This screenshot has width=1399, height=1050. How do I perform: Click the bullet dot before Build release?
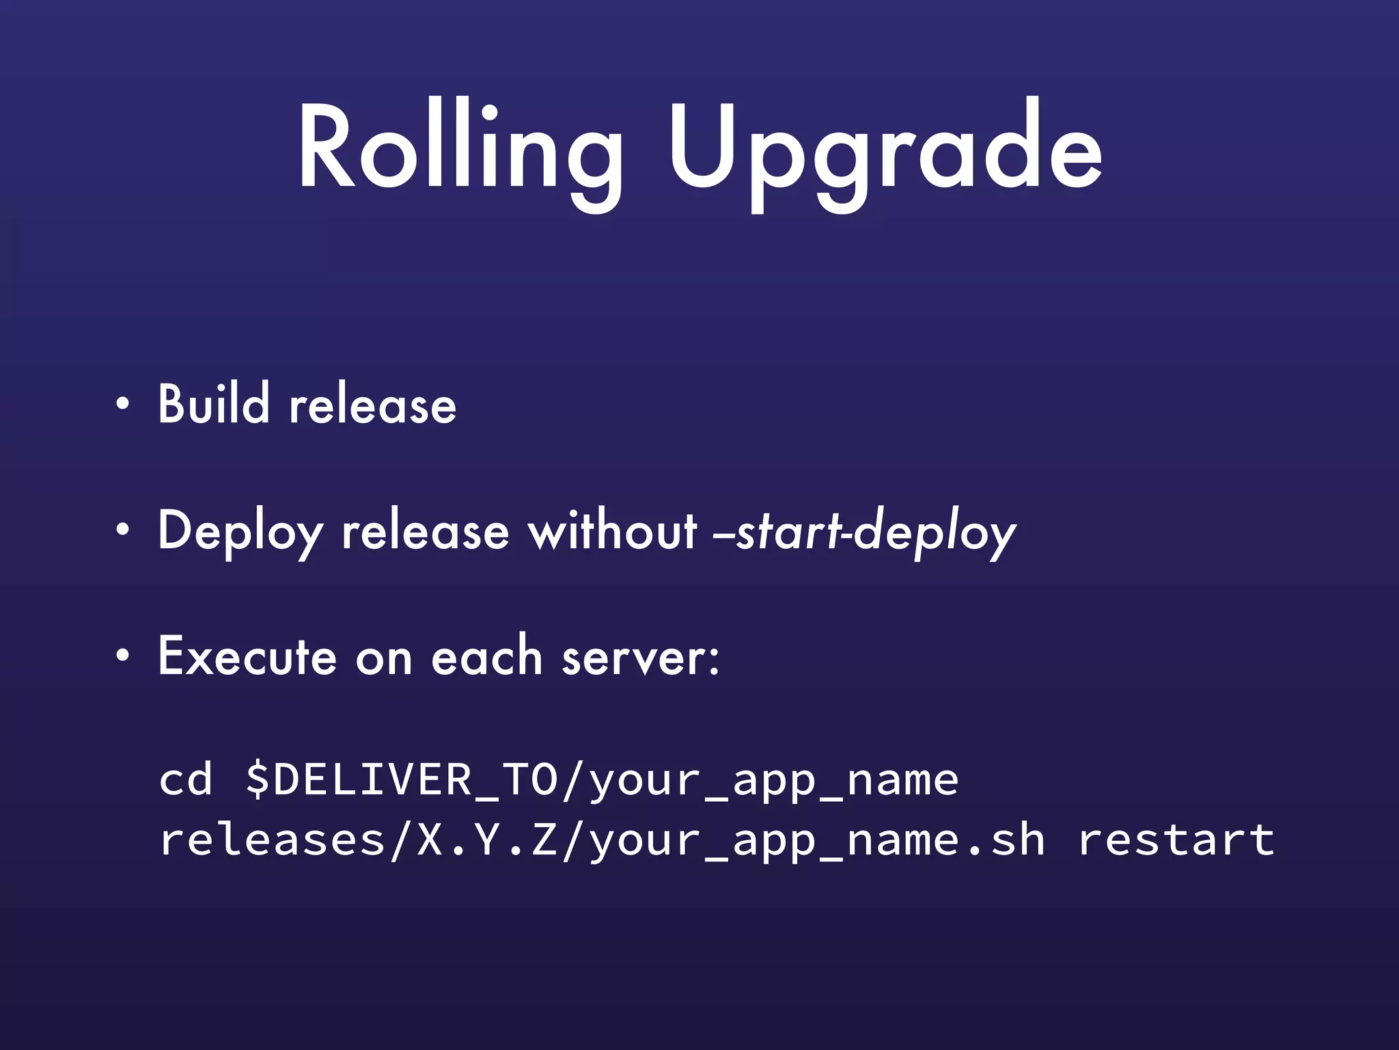[x=122, y=404]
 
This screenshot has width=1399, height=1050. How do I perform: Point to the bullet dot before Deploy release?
[x=122, y=530]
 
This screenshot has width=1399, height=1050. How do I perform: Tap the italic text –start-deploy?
[x=864, y=532]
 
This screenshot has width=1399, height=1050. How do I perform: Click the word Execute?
[x=247, y=656]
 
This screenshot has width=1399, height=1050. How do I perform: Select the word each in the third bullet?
[x=486, y=656]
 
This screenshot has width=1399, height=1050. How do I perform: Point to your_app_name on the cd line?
[x=774, y=781]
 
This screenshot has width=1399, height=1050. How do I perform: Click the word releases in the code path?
[x=272, y=839]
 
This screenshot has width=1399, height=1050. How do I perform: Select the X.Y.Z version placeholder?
[x=487, y=839]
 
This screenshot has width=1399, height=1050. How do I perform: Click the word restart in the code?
[x=1176, y=839]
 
